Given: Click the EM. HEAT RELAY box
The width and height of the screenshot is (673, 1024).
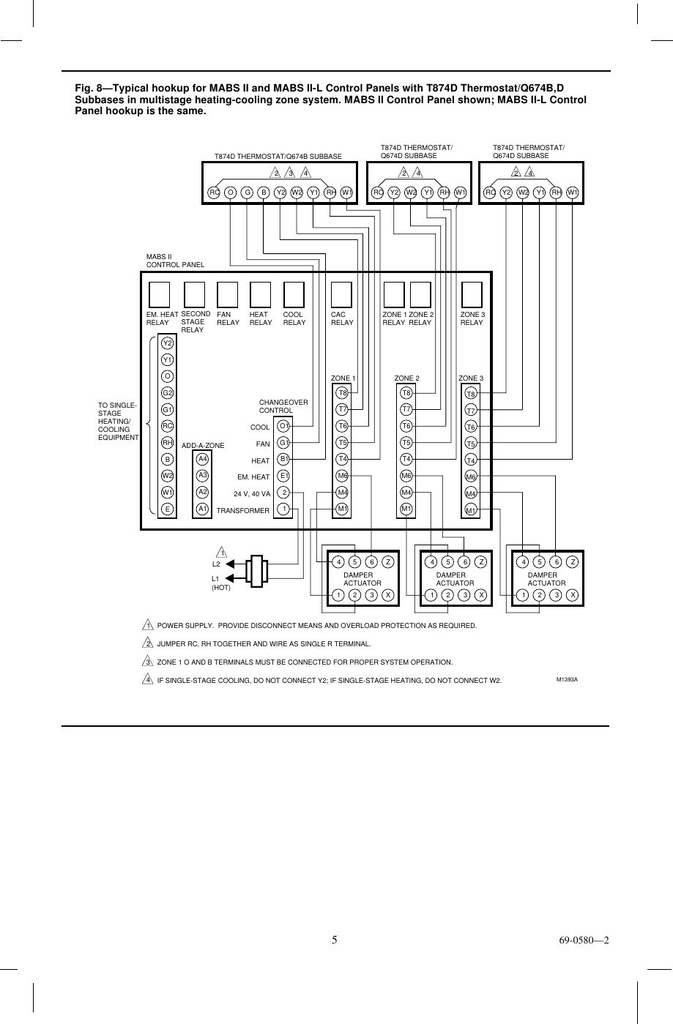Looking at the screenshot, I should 159,294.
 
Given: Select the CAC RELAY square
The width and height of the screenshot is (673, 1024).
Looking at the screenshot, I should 342,294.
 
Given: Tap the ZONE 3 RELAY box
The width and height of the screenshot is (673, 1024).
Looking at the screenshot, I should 472,294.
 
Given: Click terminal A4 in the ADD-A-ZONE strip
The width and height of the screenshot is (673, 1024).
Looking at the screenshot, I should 203,459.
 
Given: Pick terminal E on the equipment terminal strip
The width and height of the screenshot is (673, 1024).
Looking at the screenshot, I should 168,509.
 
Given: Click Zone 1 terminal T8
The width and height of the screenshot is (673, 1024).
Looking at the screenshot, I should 342,392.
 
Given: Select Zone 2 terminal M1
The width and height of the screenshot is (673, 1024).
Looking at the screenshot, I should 406,508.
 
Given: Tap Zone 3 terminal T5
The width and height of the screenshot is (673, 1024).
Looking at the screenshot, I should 472,444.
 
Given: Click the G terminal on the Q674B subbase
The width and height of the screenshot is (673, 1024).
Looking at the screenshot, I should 248,193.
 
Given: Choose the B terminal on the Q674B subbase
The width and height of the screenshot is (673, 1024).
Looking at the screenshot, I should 264,193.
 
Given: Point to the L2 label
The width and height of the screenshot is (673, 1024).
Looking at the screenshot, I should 216,564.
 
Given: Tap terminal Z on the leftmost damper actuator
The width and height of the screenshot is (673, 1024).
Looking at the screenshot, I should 389,562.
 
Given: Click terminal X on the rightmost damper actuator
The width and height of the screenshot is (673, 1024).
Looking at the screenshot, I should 573,594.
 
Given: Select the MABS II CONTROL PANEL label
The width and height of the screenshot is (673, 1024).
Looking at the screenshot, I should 175,261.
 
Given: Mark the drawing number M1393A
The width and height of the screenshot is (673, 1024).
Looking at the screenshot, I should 567,680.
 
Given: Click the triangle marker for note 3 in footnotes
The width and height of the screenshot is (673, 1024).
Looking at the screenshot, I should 148,662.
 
